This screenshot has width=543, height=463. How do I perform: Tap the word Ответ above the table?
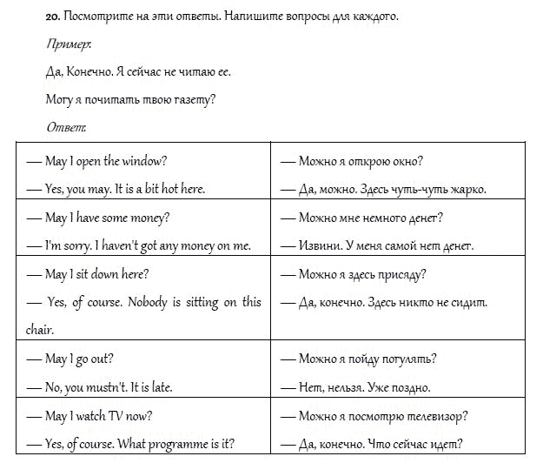66,127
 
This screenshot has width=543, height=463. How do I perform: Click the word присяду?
403,274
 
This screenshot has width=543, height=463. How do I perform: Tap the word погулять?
408,359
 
